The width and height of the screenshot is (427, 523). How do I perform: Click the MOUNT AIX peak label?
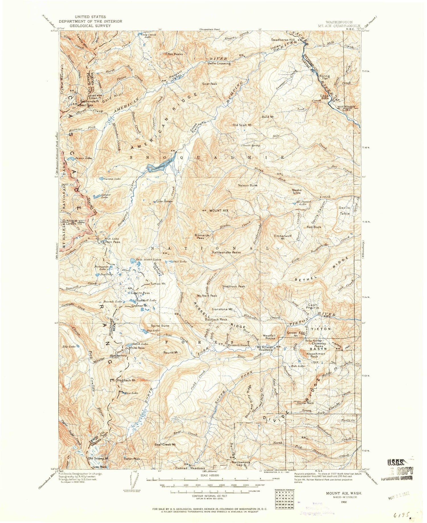[x=219, y=211]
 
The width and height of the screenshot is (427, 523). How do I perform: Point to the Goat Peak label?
[x=210, y=84]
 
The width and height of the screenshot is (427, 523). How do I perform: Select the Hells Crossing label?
[x=219, y=64]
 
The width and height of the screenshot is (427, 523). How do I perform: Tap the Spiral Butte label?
[x=160, y=326]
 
